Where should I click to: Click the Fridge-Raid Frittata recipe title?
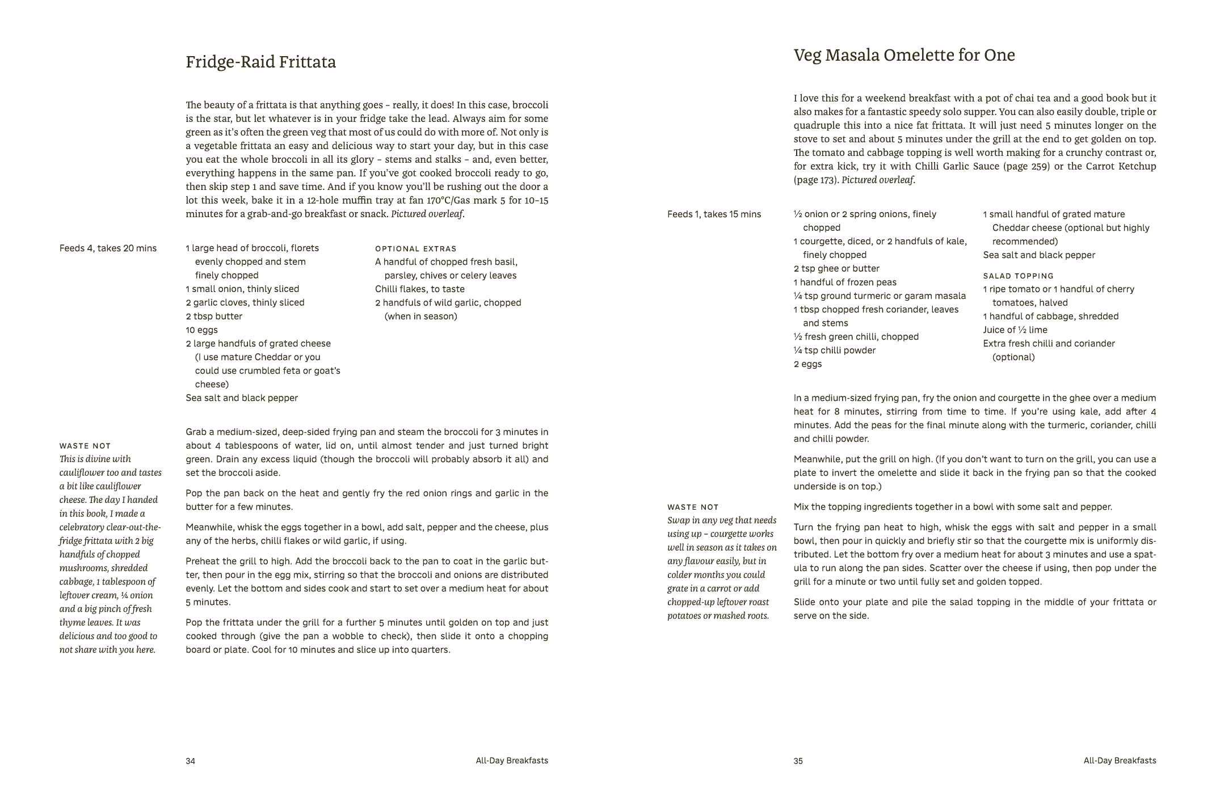(260, 62)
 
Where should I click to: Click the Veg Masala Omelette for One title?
(904, 56)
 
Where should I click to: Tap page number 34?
(190, 761)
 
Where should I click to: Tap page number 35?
(798, 761)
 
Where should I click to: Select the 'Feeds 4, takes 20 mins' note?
(108, 248)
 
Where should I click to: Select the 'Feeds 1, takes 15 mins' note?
(714, 214)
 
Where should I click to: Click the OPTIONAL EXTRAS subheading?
(415, 249)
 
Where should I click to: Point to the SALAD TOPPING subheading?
(1018, 276)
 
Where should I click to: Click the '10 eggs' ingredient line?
(201, 330)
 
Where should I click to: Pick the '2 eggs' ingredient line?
(807, 364)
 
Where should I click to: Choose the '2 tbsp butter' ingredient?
(214, 316)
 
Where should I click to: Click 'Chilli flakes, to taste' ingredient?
(419, 289)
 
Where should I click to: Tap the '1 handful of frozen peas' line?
(845, 282)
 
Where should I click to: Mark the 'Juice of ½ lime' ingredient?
(1015, 330)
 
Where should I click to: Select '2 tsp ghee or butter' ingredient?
(836, 269)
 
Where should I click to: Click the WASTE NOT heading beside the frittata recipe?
(85, 446)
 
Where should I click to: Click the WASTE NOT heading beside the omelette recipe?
(693, 507)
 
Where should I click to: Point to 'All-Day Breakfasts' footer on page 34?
(512, 761)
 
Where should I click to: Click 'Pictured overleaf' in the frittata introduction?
(427, 214)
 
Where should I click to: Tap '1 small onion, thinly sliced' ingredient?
(242, 289)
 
